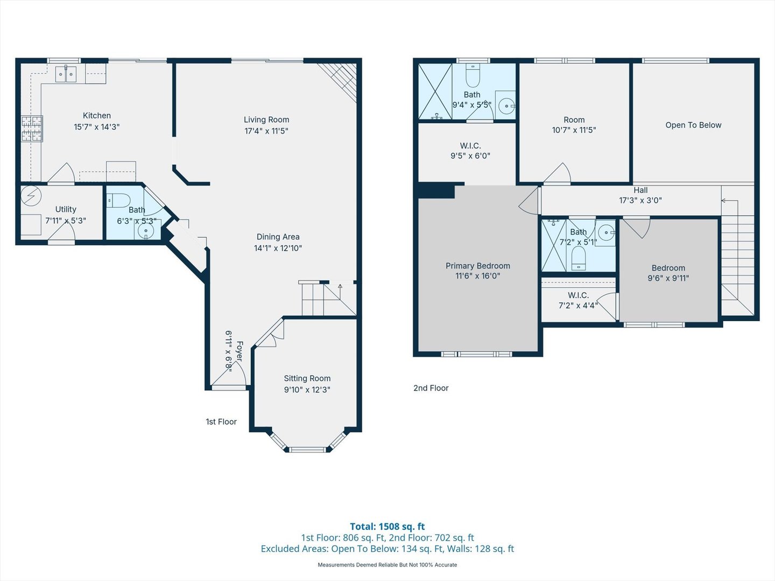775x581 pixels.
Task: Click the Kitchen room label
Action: click(97, 116)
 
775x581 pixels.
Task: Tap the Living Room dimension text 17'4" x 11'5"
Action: click(266, 131)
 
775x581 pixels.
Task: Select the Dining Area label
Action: click(278, 237)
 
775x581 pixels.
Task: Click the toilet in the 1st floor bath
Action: click(118, 201)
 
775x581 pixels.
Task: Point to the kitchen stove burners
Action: click(32, 129)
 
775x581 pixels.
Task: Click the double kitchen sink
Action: click(66, 74)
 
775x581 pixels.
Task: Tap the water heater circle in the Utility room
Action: click(31, 196)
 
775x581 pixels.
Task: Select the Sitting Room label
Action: click(307, 378)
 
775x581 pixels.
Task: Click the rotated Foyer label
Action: click(239, 351)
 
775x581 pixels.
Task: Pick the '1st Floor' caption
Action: click(221, 422)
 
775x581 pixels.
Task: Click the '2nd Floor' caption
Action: click(431, 388)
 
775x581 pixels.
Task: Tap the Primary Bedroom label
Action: click(477, 266)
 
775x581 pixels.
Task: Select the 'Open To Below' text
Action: click(693, 125)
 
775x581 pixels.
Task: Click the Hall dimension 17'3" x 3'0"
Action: click(640, 200)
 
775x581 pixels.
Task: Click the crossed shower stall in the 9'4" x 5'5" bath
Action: click(435, 91)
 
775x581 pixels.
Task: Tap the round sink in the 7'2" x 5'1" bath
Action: click(606, 233)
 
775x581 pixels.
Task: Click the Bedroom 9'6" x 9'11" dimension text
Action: click(668, 278)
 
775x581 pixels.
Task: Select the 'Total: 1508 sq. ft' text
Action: click(387, 527)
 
